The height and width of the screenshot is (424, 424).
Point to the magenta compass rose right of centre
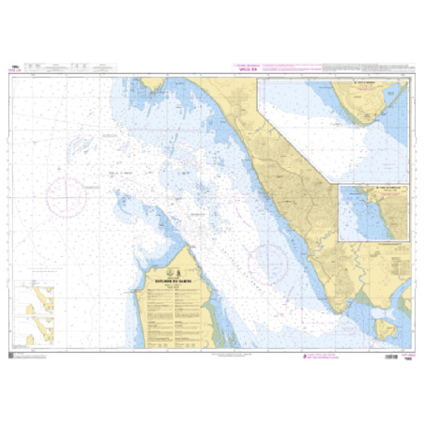[x=268, y=255]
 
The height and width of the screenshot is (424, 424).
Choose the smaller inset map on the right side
[x=374, y=212]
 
